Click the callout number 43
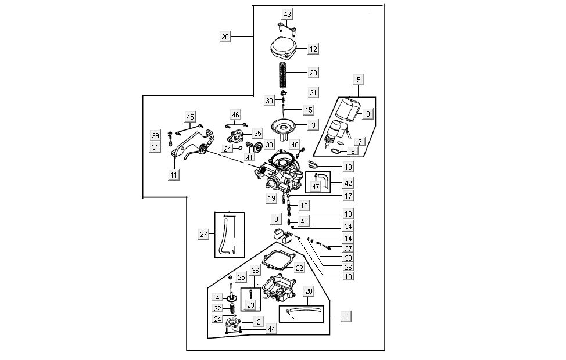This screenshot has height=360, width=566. point(288,13)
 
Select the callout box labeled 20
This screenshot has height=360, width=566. point(225,37)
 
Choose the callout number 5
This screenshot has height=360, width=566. point(358,79)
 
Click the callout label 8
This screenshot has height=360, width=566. point(367,115)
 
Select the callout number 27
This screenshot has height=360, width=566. point(203,235)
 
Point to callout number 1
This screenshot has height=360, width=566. point(345,316)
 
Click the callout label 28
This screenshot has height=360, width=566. point(309,291)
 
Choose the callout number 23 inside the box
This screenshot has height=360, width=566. point(250,305)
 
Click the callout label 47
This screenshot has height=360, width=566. point(316,186)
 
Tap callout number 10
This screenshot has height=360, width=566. point(349,277)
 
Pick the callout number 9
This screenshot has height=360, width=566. point(277,219)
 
